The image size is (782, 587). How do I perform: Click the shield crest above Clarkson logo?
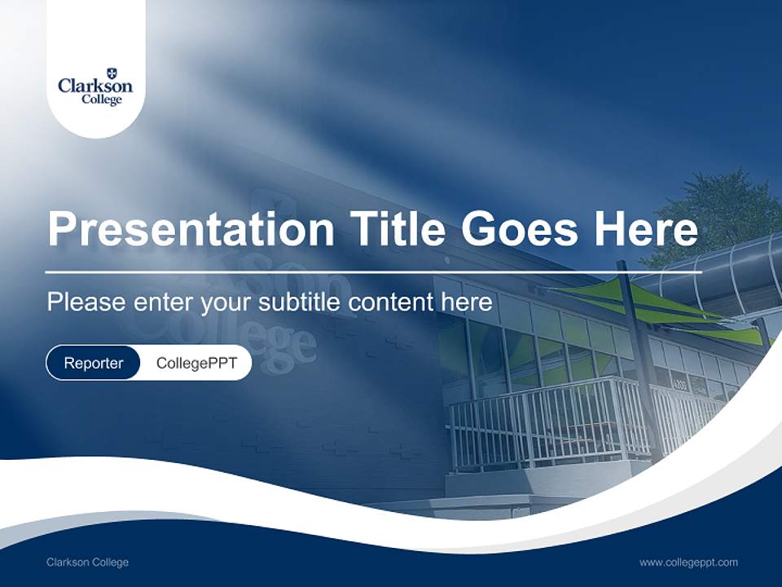pos(111,73)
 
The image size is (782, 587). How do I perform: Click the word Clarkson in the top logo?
pos(95,86)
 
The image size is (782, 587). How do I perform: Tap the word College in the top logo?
pos(101,99)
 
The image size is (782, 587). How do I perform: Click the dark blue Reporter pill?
pos(93,363)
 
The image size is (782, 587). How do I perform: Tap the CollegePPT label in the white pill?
pos(196,363)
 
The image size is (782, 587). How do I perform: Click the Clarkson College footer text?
pos(87,563)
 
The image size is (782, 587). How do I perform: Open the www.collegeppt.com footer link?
pos(688,563)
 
